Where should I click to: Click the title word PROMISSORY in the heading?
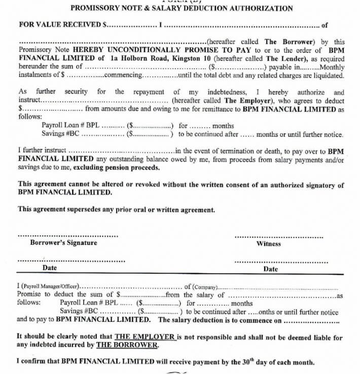coord(92,8)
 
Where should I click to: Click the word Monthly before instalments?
coord(333,67)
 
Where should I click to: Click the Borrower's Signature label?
coord(63,243)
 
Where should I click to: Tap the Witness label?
coord(269,244)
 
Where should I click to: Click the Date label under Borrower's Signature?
coord(50,268)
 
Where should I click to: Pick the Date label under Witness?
coord(271,269)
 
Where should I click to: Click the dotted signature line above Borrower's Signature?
coord(68,236)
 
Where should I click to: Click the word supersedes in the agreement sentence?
coord(84,209)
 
